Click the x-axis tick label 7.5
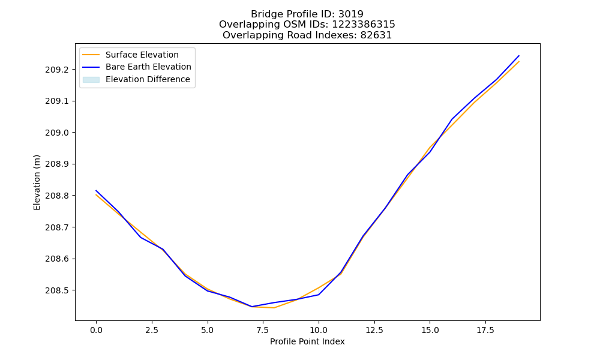click(x=263, y=330)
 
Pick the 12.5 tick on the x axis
click(x=374, y=330)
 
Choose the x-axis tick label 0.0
click(x=96, y=330)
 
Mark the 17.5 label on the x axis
click(x=485, y=330)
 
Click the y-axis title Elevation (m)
click(x=37, y=182)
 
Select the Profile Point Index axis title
click(x=307, y=341)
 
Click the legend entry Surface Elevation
click(x=142, y=55)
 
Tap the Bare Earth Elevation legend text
click(x=148, y=67)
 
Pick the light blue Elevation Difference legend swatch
click(x=91, y=80)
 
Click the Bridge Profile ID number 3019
click(x=351, y=14)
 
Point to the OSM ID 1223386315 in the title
click(x=364, y=25)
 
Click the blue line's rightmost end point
click(x=519, y=56)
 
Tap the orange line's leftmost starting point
click(x=96, y=195)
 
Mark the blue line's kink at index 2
click(x=140, y=237)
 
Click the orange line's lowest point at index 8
click(x=274, y=308)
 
